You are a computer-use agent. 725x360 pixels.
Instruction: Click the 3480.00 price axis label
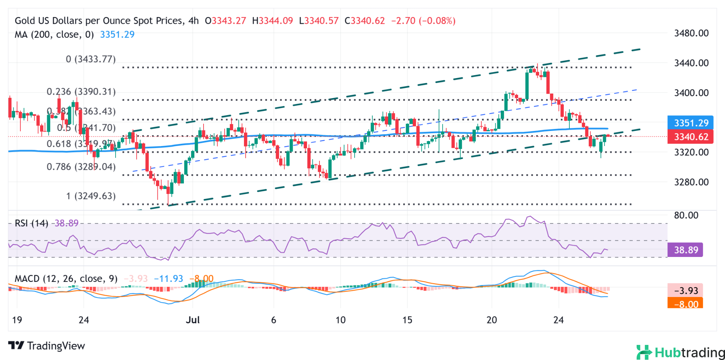pos(691,33)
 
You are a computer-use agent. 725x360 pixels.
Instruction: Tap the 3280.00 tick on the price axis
pos(691,182)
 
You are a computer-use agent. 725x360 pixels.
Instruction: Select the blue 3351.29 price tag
pos(691,123)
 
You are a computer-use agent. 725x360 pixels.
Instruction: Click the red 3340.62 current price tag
pos(691,137)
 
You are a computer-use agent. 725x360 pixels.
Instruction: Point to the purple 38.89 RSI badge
pos(685,250)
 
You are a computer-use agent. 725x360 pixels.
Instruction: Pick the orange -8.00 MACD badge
pos(685,304)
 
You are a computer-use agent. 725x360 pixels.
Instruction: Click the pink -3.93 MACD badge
pos(685,290)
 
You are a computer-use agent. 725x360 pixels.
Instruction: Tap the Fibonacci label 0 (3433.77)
pos(91,59)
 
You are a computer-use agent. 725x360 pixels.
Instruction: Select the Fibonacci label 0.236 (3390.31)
pos(81,92)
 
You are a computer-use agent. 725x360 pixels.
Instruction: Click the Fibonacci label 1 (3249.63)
pos(91,196)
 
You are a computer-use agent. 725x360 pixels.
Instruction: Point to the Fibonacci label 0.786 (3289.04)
pos(81,167)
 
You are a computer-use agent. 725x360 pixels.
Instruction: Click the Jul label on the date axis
pos(193,320)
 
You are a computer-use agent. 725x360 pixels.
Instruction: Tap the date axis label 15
pos(407,320)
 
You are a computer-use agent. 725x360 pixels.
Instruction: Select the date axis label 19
pos(17,320)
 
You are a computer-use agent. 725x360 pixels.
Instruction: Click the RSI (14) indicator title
pos(31,223)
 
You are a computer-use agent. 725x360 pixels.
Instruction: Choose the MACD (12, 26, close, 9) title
pos(66,278)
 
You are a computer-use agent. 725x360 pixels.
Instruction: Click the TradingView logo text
pos(47,346)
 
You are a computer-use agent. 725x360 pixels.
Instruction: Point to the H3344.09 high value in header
pos(272,21)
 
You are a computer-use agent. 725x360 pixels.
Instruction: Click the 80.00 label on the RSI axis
pos(686,215)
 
